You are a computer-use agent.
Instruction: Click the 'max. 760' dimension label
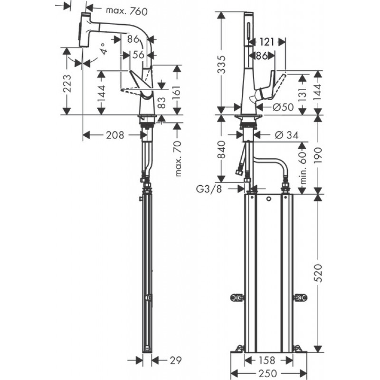(126, 11)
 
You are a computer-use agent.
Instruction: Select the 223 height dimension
(67, 84)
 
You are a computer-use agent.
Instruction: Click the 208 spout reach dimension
(115, 135)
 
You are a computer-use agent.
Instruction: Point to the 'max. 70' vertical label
(178, 159)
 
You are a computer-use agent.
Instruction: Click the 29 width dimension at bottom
(175, 361)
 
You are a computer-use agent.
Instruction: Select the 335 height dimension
(221, 65)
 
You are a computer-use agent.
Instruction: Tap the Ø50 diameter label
(283, 107)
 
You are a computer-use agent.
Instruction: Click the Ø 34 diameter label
(287, 135)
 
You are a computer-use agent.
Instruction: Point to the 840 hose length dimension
(221, 150)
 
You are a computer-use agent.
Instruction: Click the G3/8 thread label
(209, 189)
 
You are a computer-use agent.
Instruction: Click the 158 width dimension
(266, 361)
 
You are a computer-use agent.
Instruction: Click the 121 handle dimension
(266, 42)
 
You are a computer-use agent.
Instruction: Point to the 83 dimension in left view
(161, 103)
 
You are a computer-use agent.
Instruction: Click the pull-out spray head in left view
(85, 29)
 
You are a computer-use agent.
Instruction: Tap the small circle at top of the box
(268, 199)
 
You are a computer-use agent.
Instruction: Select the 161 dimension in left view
(178, 94)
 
